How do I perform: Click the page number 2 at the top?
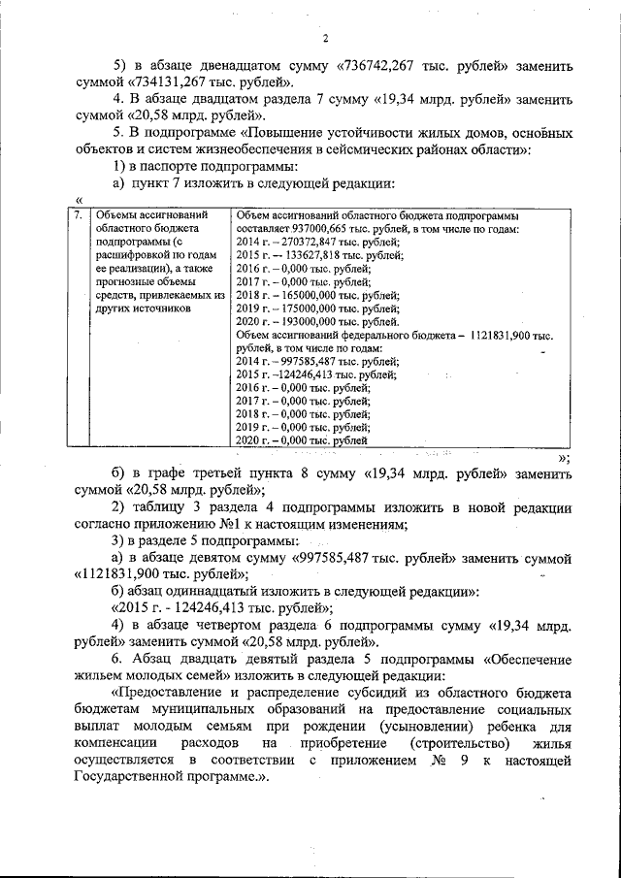tap(326, 38)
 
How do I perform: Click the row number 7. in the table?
tap(79, 214)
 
